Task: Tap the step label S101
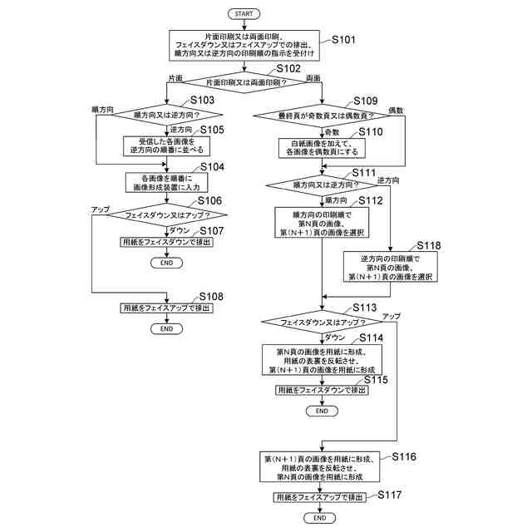[343, 39]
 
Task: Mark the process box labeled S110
[322, 147]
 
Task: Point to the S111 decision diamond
[322, 185]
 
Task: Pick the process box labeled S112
[322, 222]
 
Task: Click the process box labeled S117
[320, 497]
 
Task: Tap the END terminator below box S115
[322, 410]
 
